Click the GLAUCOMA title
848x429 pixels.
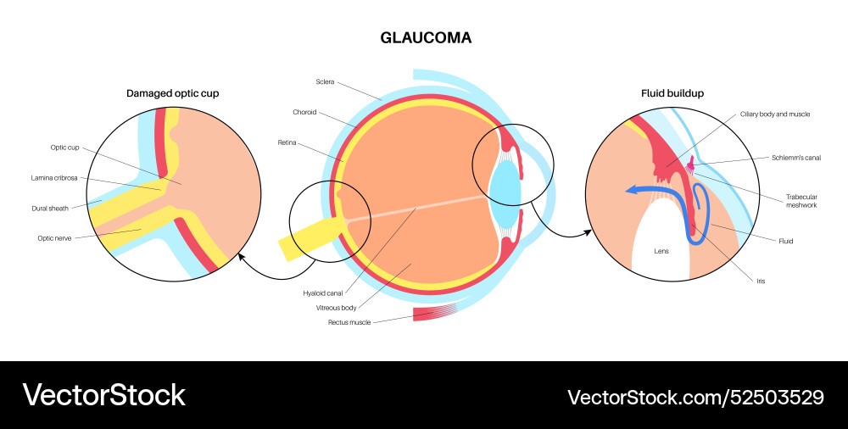point(425,38)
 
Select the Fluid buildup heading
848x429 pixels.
point(672,92)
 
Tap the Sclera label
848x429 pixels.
point(325,82)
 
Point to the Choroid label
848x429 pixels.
point(305,112)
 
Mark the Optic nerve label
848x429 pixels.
point(53,238)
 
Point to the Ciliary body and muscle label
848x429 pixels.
point(782,114)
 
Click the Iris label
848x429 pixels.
point(760,281)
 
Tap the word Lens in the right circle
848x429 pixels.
point(661,252)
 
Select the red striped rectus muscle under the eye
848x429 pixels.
point(438,314)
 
